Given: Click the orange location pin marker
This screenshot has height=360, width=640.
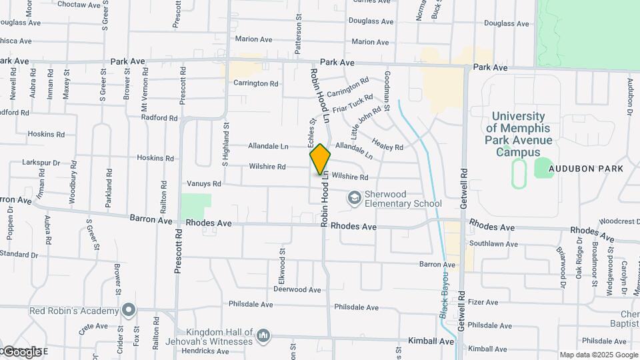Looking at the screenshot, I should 320,159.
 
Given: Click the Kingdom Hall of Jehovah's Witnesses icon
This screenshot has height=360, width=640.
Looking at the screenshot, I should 264,335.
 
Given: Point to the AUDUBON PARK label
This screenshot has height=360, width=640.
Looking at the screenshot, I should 586,169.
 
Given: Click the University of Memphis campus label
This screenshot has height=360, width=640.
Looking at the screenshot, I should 519,134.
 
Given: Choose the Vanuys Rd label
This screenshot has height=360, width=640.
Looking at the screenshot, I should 204,183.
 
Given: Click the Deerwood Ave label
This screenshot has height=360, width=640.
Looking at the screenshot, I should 297,290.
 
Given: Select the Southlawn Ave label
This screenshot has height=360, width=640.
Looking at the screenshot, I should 493,244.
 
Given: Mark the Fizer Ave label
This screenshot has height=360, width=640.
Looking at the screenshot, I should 484,302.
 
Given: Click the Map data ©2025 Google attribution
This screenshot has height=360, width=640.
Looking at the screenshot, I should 599,355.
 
